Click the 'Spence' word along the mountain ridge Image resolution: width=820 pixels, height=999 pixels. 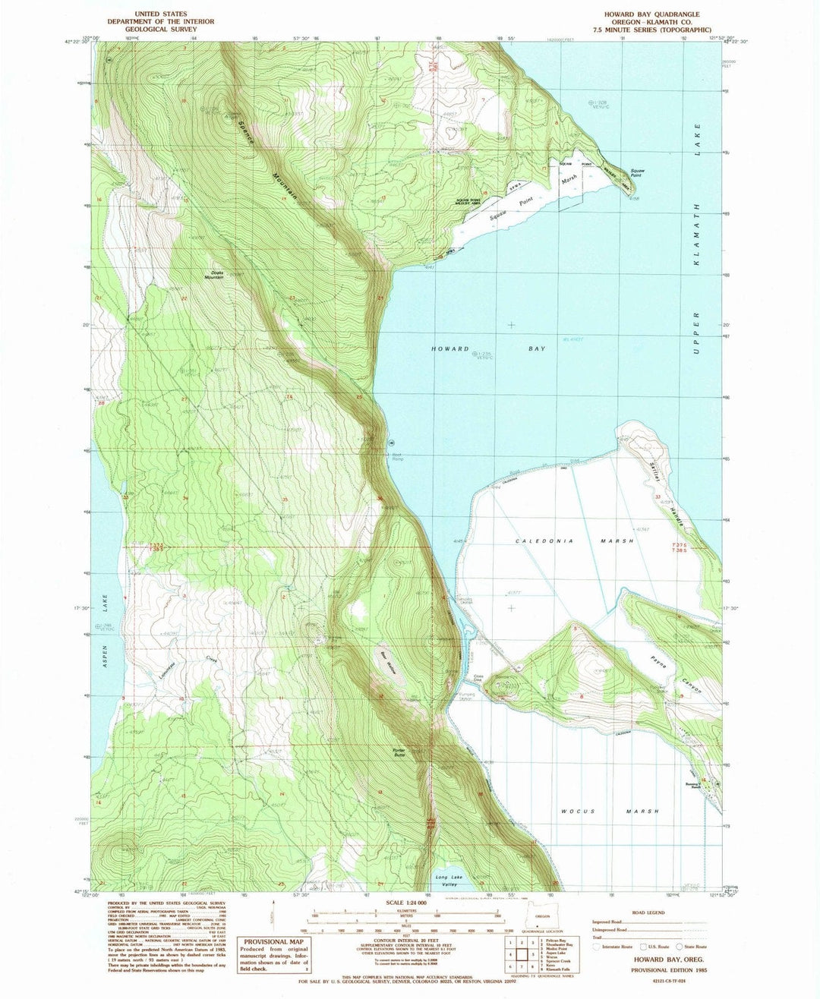tap(247, 129)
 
